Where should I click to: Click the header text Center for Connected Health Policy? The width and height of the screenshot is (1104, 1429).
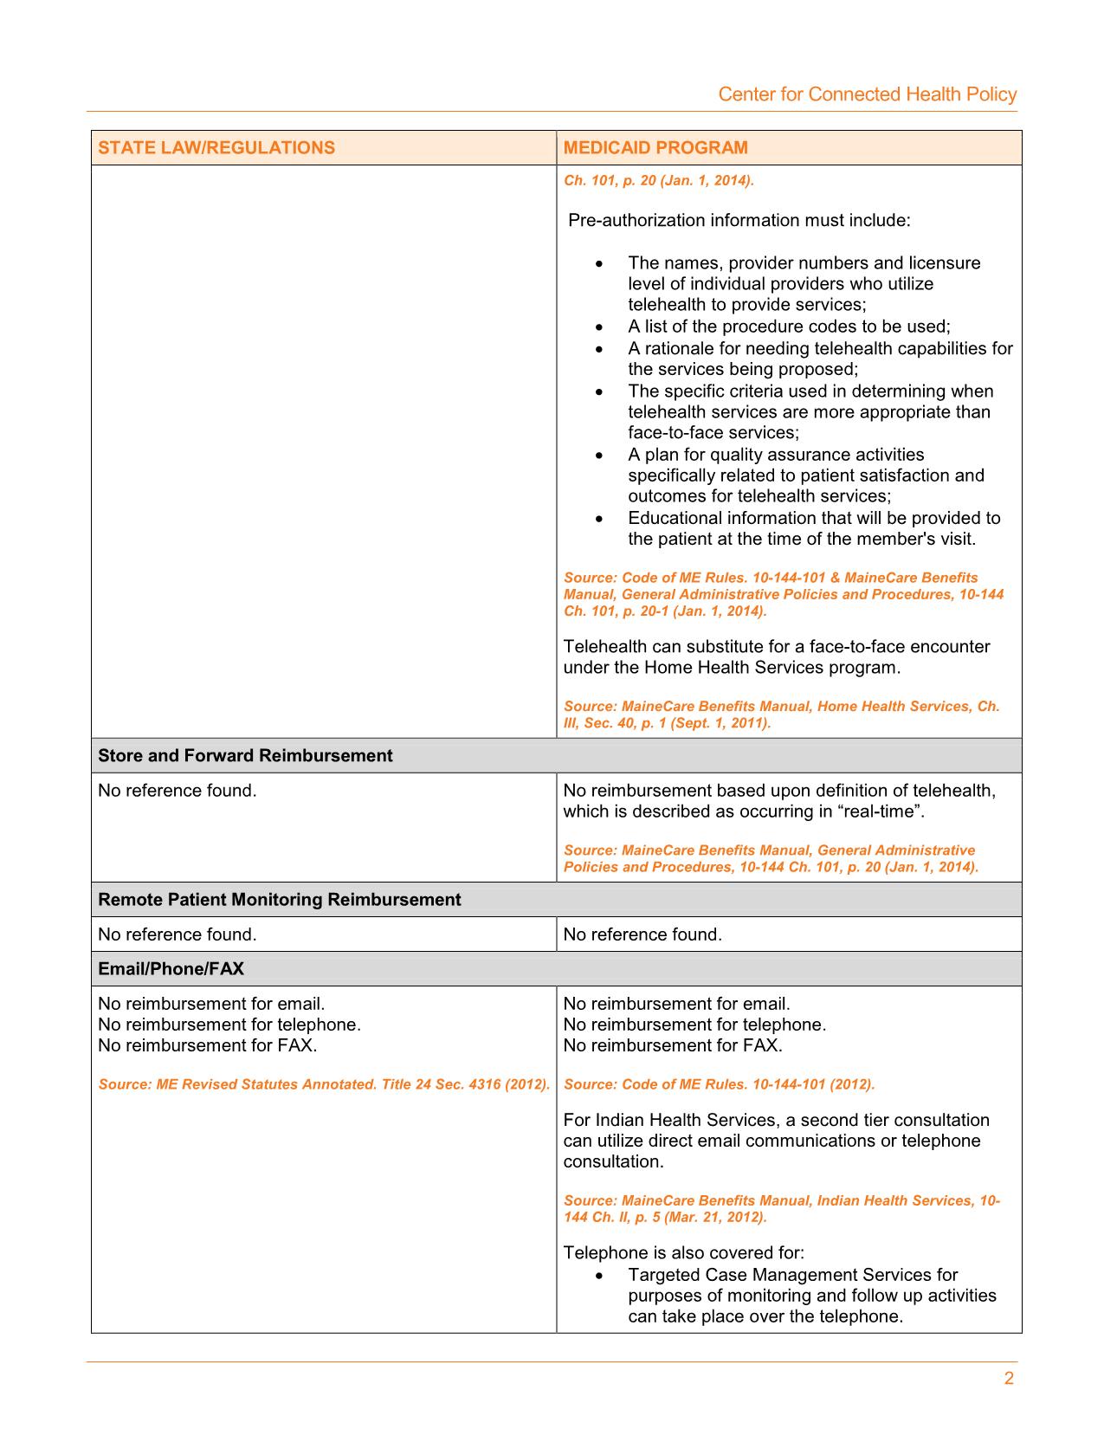tap(867, 94)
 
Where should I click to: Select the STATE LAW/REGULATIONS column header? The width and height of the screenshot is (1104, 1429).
tap(216, 147)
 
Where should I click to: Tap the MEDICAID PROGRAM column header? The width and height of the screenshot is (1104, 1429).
tap(655, 147)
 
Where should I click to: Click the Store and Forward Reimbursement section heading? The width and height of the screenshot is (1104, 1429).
tap(245, 755)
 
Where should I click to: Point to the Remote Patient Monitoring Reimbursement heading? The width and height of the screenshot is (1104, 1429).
tap(279, 899)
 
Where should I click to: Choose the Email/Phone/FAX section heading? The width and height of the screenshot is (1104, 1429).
tap(171, 968)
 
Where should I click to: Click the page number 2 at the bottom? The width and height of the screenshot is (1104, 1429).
tap(1009, 1379)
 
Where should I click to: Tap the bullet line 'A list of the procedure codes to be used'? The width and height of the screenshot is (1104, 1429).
tap(789, 327)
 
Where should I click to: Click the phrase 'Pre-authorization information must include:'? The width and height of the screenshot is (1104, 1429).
tap(739, 220)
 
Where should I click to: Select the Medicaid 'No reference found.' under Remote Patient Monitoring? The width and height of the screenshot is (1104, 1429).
tap(642, 934)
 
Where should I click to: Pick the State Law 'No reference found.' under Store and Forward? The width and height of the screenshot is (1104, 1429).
tap(177, 791)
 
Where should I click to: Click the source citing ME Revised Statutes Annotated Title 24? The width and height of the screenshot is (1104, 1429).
tap(324, 1084)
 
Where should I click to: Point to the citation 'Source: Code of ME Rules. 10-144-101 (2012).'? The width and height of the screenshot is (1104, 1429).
tap(719, 1084)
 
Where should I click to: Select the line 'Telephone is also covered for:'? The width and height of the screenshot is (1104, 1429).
tap(683, 1252)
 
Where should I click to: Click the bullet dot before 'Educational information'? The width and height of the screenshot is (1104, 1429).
tap(599, 519)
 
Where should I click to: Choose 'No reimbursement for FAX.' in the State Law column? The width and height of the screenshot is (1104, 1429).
tap(207, 1045)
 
